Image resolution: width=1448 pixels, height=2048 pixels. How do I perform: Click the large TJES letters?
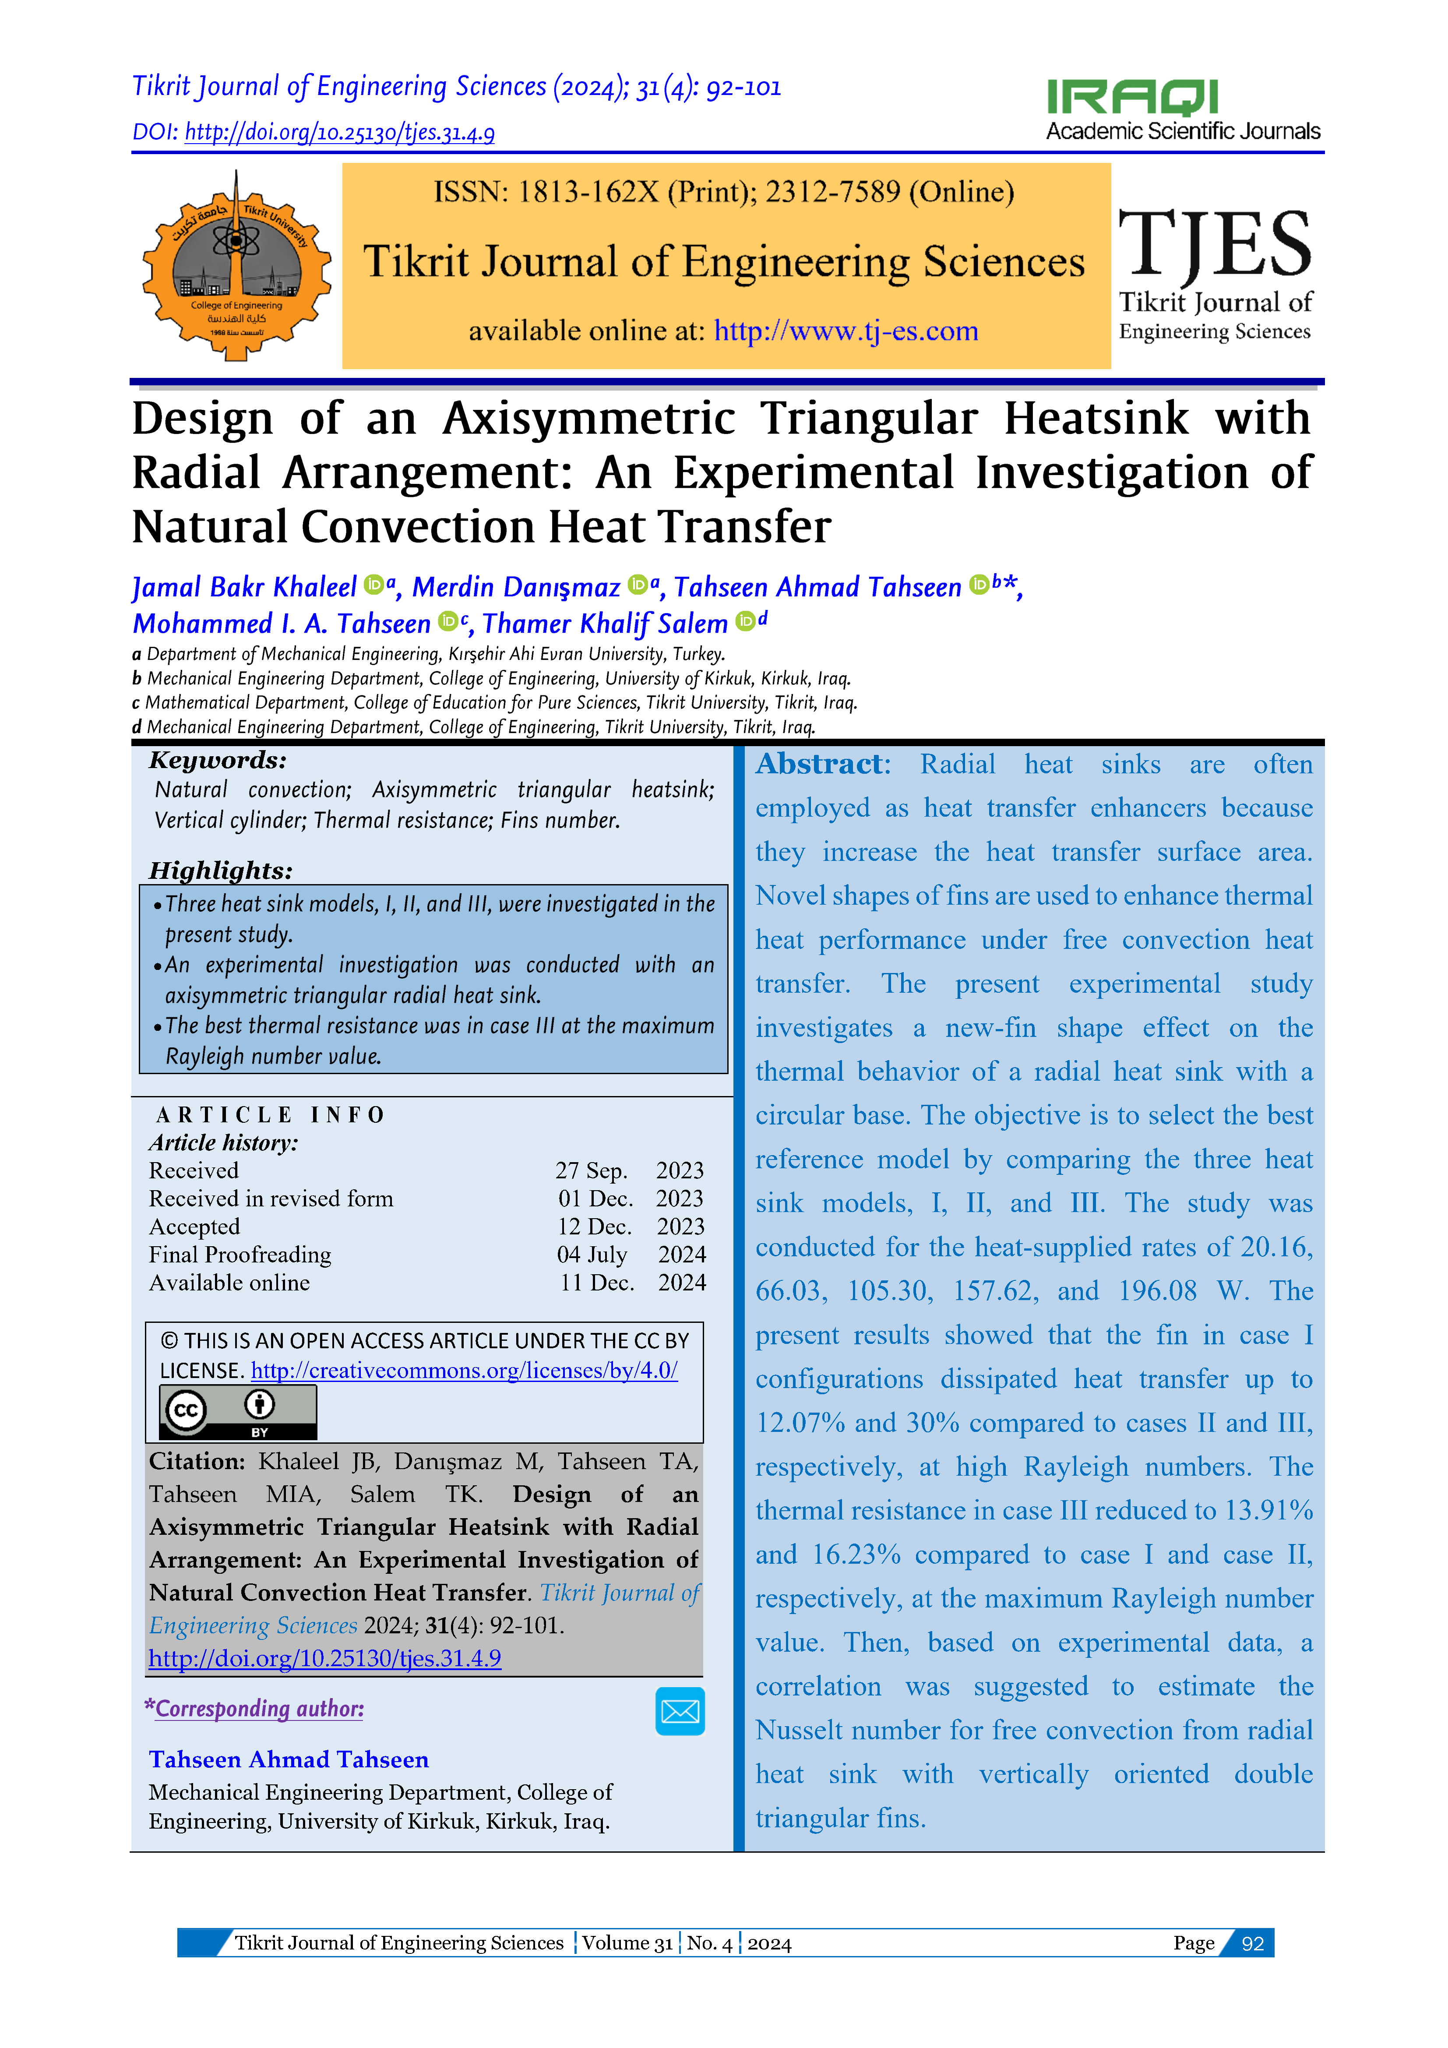1214,244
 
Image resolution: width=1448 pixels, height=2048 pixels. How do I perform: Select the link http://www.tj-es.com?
846,331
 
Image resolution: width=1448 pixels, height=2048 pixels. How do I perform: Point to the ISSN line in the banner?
723,192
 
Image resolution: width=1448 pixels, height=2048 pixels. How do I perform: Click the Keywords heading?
218,760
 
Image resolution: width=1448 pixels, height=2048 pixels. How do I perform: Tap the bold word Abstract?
822,765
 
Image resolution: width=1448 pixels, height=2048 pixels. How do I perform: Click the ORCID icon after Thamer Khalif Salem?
745,622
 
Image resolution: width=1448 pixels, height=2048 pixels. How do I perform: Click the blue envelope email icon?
680,1711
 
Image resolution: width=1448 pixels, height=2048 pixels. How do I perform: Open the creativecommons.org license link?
464,1371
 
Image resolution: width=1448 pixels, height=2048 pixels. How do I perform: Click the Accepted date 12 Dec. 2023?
630,1227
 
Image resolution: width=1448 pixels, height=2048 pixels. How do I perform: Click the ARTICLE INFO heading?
269,1115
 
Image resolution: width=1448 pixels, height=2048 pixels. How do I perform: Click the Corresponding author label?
259,1708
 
